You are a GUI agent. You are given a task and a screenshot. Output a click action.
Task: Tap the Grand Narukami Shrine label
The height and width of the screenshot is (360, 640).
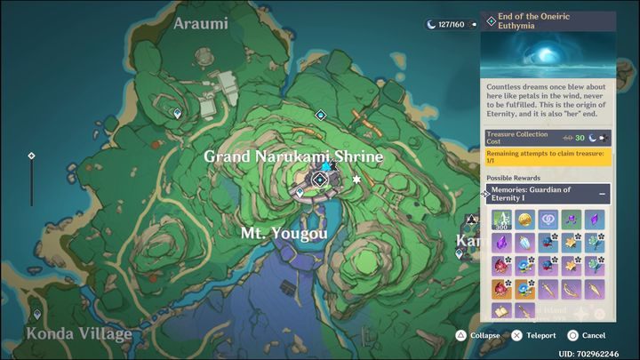pos(293,157)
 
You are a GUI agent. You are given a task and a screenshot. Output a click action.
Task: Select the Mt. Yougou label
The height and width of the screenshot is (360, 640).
pos(284,234)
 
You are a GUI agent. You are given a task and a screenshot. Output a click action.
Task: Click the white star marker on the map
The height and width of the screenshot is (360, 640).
pos(357,180)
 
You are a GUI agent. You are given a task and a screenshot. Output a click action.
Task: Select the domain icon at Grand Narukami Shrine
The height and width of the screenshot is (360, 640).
pos(319,180)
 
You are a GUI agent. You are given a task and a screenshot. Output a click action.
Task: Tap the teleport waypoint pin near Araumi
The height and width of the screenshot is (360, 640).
pos(178,114)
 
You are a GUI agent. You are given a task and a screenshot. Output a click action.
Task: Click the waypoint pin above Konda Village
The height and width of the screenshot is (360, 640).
pos(36,315)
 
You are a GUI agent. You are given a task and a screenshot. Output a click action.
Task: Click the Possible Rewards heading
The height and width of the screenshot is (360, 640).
pos(512,178)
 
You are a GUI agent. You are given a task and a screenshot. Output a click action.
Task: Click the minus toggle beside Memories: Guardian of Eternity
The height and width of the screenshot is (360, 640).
pos(602,193)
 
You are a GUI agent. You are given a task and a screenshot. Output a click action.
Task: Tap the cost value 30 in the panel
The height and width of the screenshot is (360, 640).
pos(580,138)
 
